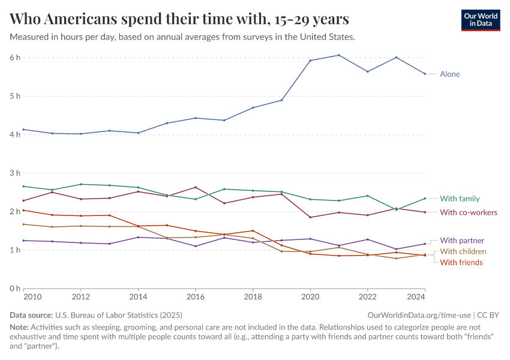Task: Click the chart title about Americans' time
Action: [x=179, y=19]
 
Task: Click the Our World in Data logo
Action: [x=480, y=20]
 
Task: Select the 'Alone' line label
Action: [x=450, y=74]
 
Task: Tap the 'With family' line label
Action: [x=460, y=199]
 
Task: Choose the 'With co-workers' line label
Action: [x=469, y=212]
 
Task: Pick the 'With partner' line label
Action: [x=462, y=241]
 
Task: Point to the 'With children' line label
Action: [x=463, y=251]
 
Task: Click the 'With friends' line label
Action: [x=461, y=262]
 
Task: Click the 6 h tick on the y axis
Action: [x=15, y=58]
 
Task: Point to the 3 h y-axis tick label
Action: [x=15, y=173]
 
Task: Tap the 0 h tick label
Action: [x=15, y=289]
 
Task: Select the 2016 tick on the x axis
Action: [x=196, y=297]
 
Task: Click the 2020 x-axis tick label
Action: [x=310, y=297]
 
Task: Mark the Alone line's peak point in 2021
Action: [x=339, y=55]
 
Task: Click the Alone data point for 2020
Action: [x=310, y=60]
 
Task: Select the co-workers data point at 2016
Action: [x=196, y=187]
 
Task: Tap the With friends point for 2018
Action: [x=253, y=230]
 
